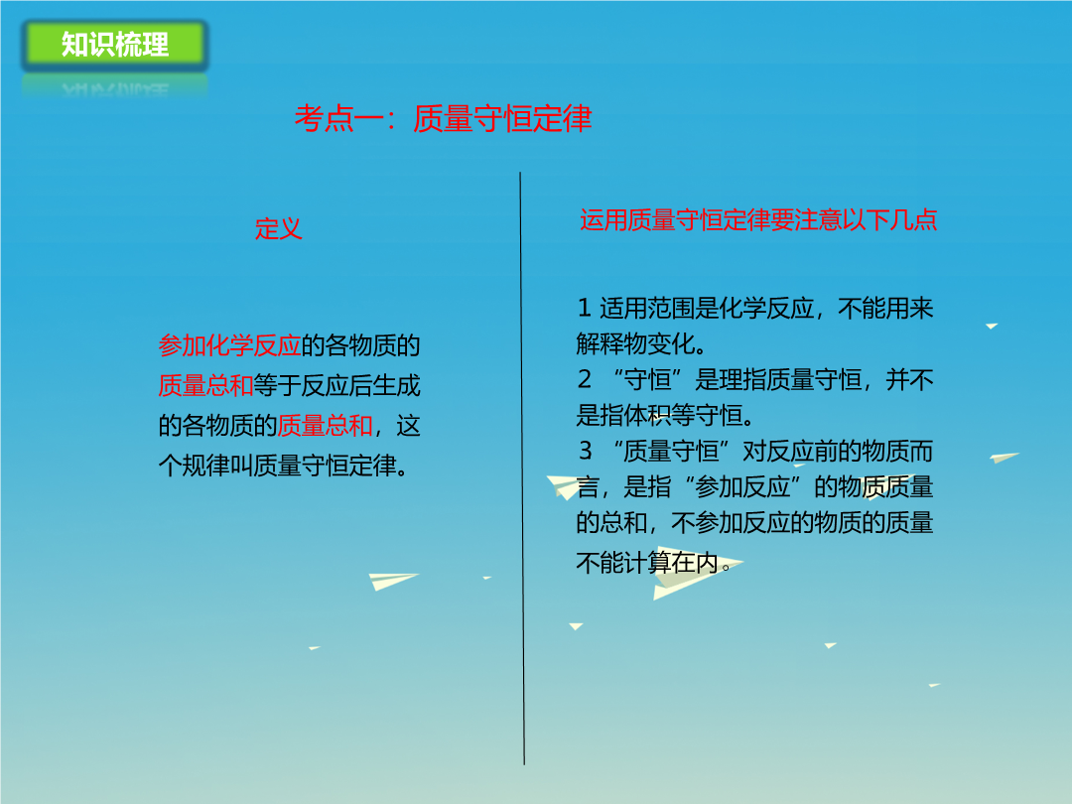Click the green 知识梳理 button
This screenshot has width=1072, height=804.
115,45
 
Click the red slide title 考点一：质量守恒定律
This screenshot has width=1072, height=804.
443,118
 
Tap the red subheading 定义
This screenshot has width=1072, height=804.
278,228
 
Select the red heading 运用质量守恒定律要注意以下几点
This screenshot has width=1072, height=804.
758,220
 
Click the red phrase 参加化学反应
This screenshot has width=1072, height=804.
229,345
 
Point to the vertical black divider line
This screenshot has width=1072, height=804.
522,469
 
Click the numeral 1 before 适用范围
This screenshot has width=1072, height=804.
584,309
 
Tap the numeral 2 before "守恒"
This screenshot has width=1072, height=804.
585,379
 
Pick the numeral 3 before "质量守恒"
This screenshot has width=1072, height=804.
586,451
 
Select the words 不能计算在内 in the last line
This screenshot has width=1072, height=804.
647,563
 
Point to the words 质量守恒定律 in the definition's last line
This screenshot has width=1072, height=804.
325,466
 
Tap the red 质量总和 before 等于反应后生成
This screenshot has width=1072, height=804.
205,385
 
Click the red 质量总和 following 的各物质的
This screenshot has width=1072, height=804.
325,426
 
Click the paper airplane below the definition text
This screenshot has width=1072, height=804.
392,581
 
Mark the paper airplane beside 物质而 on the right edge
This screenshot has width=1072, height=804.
1004,457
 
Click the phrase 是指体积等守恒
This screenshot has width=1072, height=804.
659,415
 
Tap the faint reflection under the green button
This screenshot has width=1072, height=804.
115,87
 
